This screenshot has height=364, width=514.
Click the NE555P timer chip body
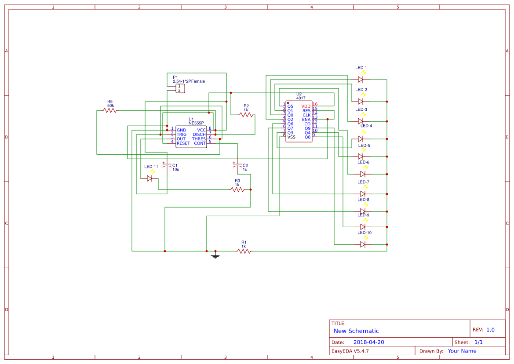point(191,137)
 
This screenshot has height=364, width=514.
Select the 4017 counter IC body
point(299,122)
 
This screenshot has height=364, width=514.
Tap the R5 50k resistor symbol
point(110,110)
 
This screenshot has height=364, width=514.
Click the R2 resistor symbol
point(246,115)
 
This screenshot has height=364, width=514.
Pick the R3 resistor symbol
point(237,189)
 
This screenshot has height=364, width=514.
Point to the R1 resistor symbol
point(244,251)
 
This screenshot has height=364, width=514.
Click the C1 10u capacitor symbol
point(167,166)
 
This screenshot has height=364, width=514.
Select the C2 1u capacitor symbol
point(237,166)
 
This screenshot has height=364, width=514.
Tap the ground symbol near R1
point(215,255)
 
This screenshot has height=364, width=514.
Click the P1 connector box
point(180,88)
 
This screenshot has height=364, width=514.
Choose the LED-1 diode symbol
point(361,80)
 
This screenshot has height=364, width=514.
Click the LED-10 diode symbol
point(363,244)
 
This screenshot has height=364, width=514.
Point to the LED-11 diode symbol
point(150,178)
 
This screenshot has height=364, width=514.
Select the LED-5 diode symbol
point(361,157)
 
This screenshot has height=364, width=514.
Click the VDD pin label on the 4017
point(306,106)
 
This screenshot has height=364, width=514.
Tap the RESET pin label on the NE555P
point(183,143)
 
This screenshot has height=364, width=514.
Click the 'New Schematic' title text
point(356,331)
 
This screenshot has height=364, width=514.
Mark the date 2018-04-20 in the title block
point(368,342)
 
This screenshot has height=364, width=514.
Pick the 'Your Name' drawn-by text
point(462,351)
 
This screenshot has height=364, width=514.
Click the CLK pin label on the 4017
point(306,115)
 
